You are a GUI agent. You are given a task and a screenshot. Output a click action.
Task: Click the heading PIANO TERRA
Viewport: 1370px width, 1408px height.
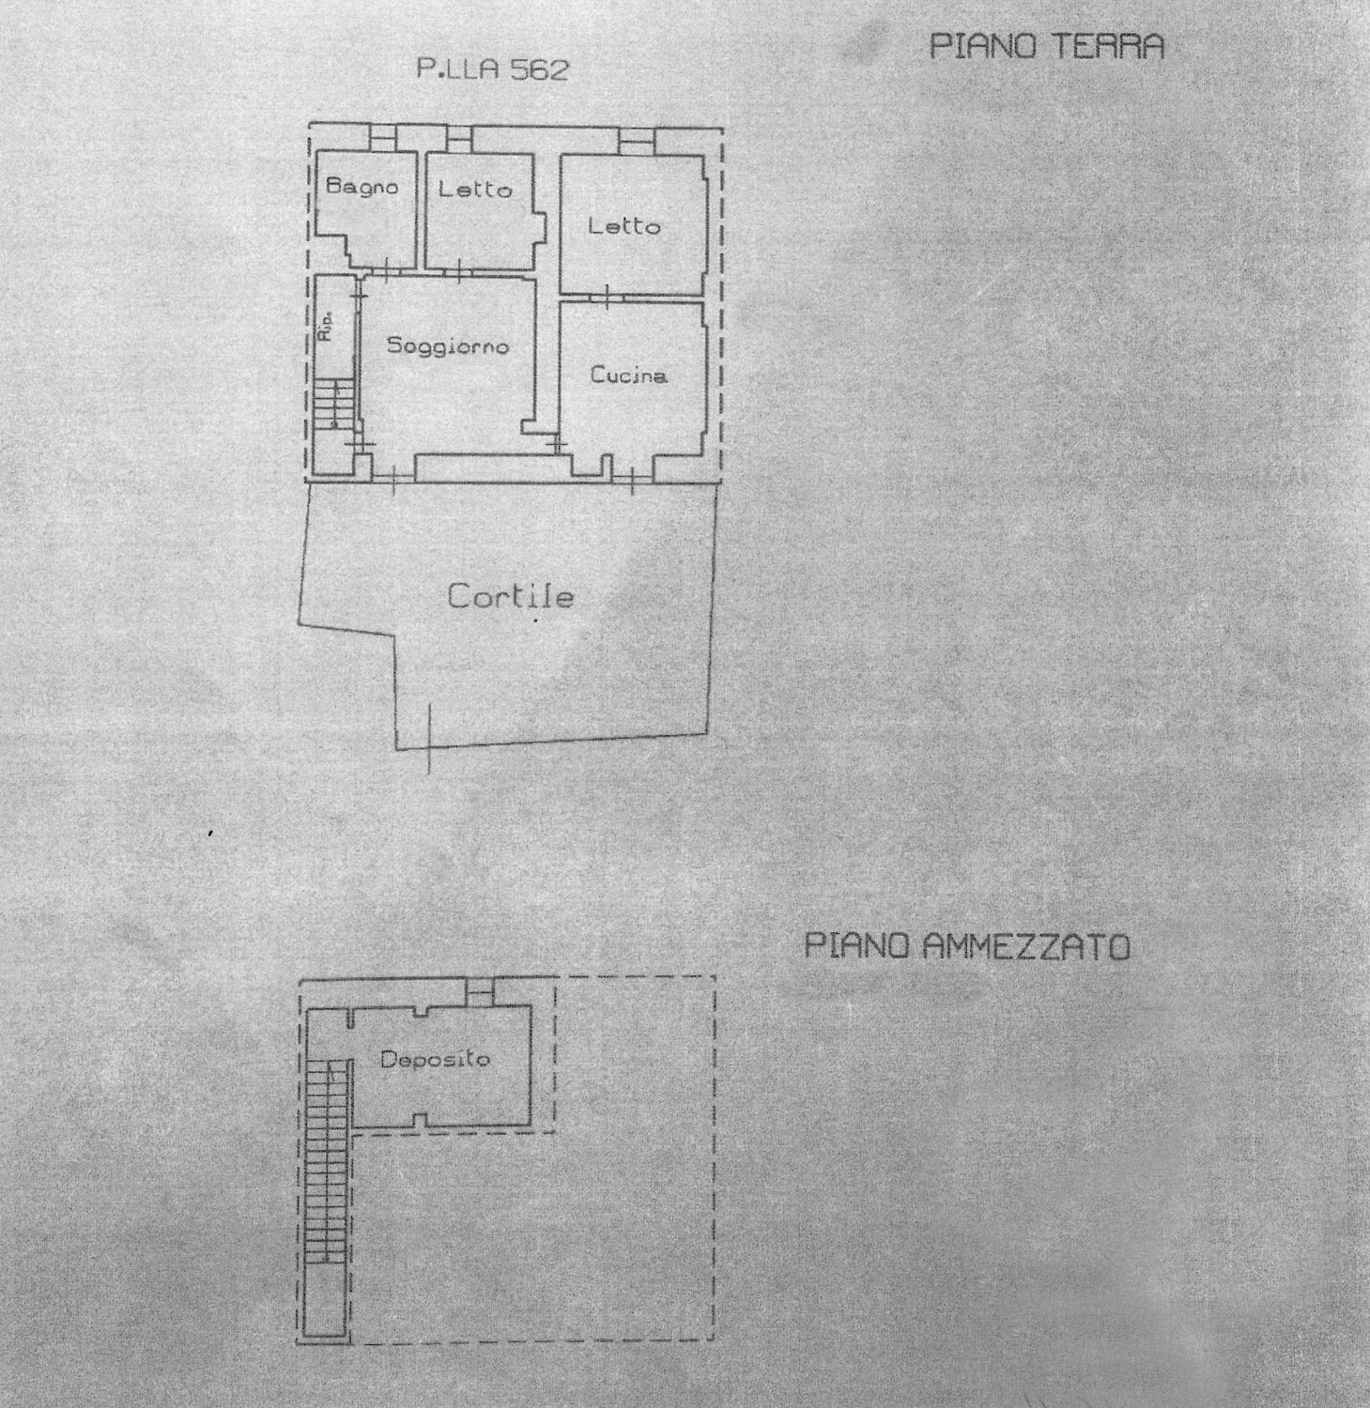coord(1046,46)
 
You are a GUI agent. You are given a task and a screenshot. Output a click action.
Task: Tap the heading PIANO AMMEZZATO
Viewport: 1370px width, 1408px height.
coord(967,946)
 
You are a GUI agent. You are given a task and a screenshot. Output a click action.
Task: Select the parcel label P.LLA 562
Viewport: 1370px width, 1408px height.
coord(493,69)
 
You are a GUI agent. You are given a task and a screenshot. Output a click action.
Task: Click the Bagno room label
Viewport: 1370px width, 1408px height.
coord(362,186)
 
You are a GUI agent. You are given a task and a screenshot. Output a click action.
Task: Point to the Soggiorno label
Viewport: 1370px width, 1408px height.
coord(448,346)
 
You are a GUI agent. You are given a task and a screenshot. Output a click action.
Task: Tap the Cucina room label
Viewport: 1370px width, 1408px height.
coord(629,375)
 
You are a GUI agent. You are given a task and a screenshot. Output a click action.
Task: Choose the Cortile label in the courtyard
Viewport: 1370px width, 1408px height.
coord(510,596)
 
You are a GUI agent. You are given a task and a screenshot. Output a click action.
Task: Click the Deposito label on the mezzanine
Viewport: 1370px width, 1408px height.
coord(435,1060)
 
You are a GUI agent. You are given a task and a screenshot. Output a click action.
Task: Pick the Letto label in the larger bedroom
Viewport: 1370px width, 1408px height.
coord(624,225)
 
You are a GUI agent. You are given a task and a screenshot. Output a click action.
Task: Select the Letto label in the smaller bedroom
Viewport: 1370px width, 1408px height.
coord(475,189)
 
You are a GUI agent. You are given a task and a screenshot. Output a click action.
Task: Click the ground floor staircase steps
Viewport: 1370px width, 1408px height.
coord(334,404)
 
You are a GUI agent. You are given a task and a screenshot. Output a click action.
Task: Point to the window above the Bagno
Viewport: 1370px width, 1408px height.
coord(383,138)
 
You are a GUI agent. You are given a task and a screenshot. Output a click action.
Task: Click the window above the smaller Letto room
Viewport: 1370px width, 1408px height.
coord(458,139)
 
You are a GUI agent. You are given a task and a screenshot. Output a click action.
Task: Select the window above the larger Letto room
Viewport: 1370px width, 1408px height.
coord(636,140)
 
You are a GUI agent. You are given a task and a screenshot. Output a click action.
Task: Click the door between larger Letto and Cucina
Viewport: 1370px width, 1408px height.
coord(607,298)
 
